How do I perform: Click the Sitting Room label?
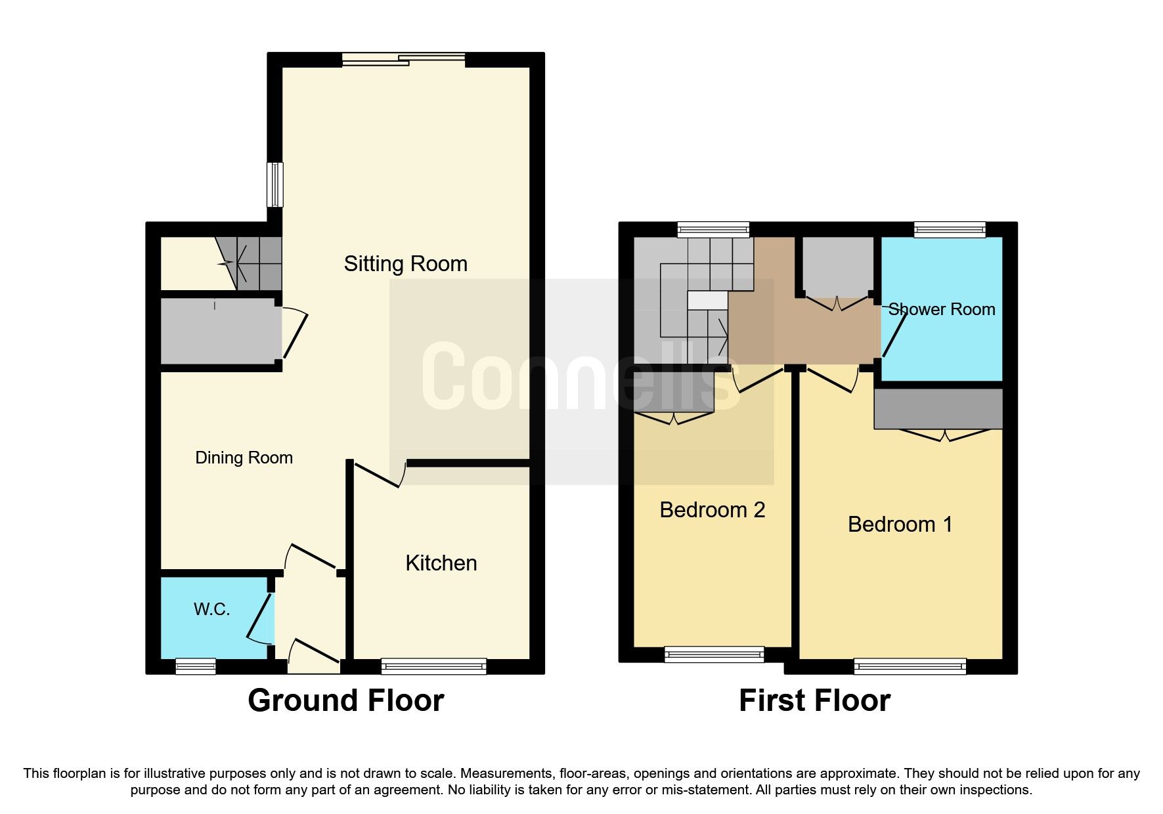tap(405, 264)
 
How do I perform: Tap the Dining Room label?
tap(244, 458)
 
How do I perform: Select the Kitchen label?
tap(441, 563)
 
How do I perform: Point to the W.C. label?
tap(211, 609)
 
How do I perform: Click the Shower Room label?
tap(941, 309)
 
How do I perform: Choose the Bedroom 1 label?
tap(900, 525)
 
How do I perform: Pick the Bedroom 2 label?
tap(712, 510)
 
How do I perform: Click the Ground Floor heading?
tap(345, 700)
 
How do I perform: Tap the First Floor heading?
tap(814, 700)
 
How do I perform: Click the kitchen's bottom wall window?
tap(433, 666)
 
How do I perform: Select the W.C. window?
tap(196, 666)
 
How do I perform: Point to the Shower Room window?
tap(950, 230)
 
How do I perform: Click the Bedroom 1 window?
tap(910, 666)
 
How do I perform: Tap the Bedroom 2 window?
tap(714, 654)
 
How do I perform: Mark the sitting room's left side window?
tap(275, 184)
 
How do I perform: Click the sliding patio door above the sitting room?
tap(403, 60)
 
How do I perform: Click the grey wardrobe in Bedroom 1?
tap(938, 409)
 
